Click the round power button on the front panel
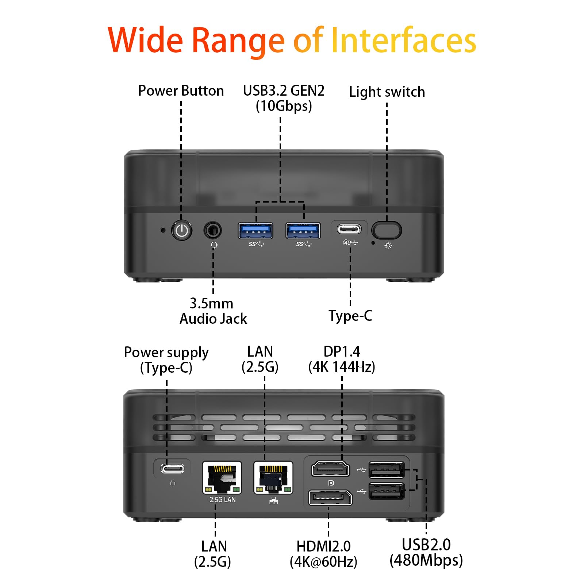coord(182,231)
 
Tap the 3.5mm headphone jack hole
coord(213,231)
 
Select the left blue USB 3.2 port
coord(255,231)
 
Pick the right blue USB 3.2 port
coord(303,231)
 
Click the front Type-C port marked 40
coord(349,229)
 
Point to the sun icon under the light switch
coord(388,245)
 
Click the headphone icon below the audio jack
coord(214,245)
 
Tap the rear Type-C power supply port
coord(173,469)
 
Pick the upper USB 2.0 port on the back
coord(387,470)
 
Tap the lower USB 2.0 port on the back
coord(387,491)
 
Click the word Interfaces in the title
coord(403,40)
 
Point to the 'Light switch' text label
coord(387,92)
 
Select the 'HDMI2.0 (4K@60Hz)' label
coord(323,554)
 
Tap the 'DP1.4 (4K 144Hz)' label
coord(342,359)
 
